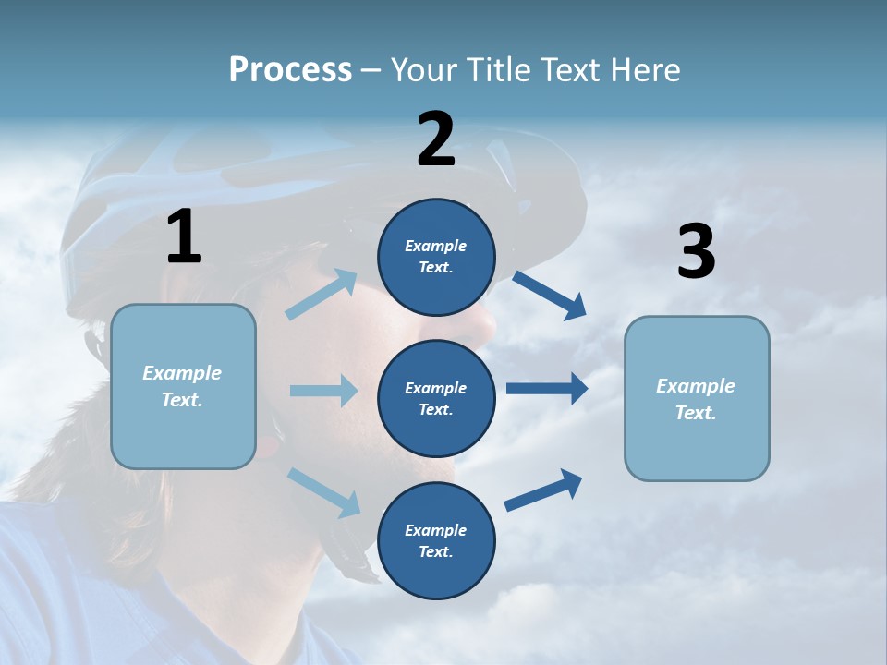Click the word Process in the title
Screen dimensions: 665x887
(290, 70)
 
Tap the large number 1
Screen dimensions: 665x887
(184, 237)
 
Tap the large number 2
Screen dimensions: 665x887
(436, 139)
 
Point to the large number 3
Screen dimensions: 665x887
(696, 252)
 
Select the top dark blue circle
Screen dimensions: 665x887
(436, 257)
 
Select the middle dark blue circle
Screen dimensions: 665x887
(436, 398)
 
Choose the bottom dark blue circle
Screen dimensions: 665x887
(436, 540)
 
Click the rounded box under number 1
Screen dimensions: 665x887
(183, 386)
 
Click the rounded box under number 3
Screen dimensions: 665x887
(697, 398)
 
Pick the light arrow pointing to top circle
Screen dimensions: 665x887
(322, 295)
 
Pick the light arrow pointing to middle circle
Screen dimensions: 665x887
(323, 391)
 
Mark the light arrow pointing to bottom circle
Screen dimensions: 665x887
(323, 492)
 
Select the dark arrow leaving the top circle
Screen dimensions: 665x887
(549, 295)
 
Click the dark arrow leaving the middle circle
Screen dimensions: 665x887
(546, 389)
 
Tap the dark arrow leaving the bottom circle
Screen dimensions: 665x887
(543, 490)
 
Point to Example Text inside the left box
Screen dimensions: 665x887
(182, 386)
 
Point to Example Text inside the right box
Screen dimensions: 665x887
(696, 399)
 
